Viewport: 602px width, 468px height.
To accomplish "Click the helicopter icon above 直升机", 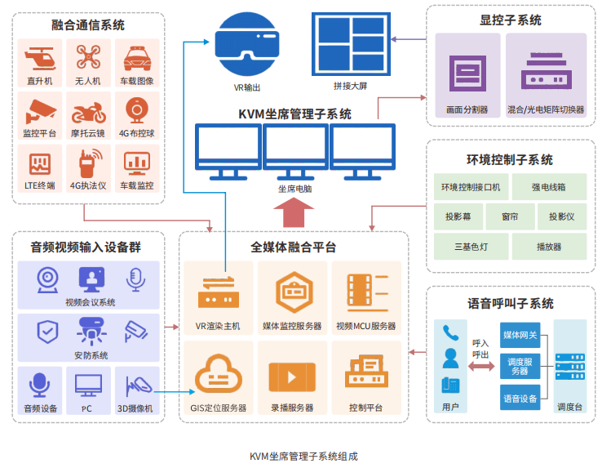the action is [x=40, y=59].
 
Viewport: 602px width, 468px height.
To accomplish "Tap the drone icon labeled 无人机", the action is [x=88, y=57].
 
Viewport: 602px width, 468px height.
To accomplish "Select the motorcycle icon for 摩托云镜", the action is [x=89, y=112].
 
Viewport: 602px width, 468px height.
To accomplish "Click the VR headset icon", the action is [x=247, y=44].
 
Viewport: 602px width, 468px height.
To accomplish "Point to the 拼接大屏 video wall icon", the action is [x=351, y=44].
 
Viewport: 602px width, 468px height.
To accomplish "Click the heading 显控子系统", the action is [x=511, y=20].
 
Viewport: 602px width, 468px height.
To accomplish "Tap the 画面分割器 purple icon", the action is [x=467, y=74].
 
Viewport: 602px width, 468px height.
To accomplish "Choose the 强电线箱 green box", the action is [x=549, y=187].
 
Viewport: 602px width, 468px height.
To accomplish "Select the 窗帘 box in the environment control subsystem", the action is [x=511, y=216].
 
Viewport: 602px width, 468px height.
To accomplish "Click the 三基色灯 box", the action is [x=471, y=247].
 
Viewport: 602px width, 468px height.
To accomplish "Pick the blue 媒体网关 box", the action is [x=520, y=335].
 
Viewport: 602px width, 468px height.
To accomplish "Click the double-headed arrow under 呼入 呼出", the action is [x=481, y=367].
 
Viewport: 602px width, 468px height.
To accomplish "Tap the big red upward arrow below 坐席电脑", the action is [x=294, y=212].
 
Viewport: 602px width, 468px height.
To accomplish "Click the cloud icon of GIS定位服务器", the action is [x=219, y=372].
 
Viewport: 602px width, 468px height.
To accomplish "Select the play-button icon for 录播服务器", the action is [x=292, y=377].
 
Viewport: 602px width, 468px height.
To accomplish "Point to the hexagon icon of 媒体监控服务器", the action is [x=294, y=292].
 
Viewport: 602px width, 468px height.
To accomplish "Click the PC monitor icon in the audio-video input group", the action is [x=89, y=386].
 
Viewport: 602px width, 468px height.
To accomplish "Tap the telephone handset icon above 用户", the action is [x=451, y=333].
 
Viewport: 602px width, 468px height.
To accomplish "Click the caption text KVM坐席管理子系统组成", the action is [x=303, y=457].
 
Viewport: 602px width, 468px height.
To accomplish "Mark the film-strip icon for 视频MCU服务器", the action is [x=368, y=292].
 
